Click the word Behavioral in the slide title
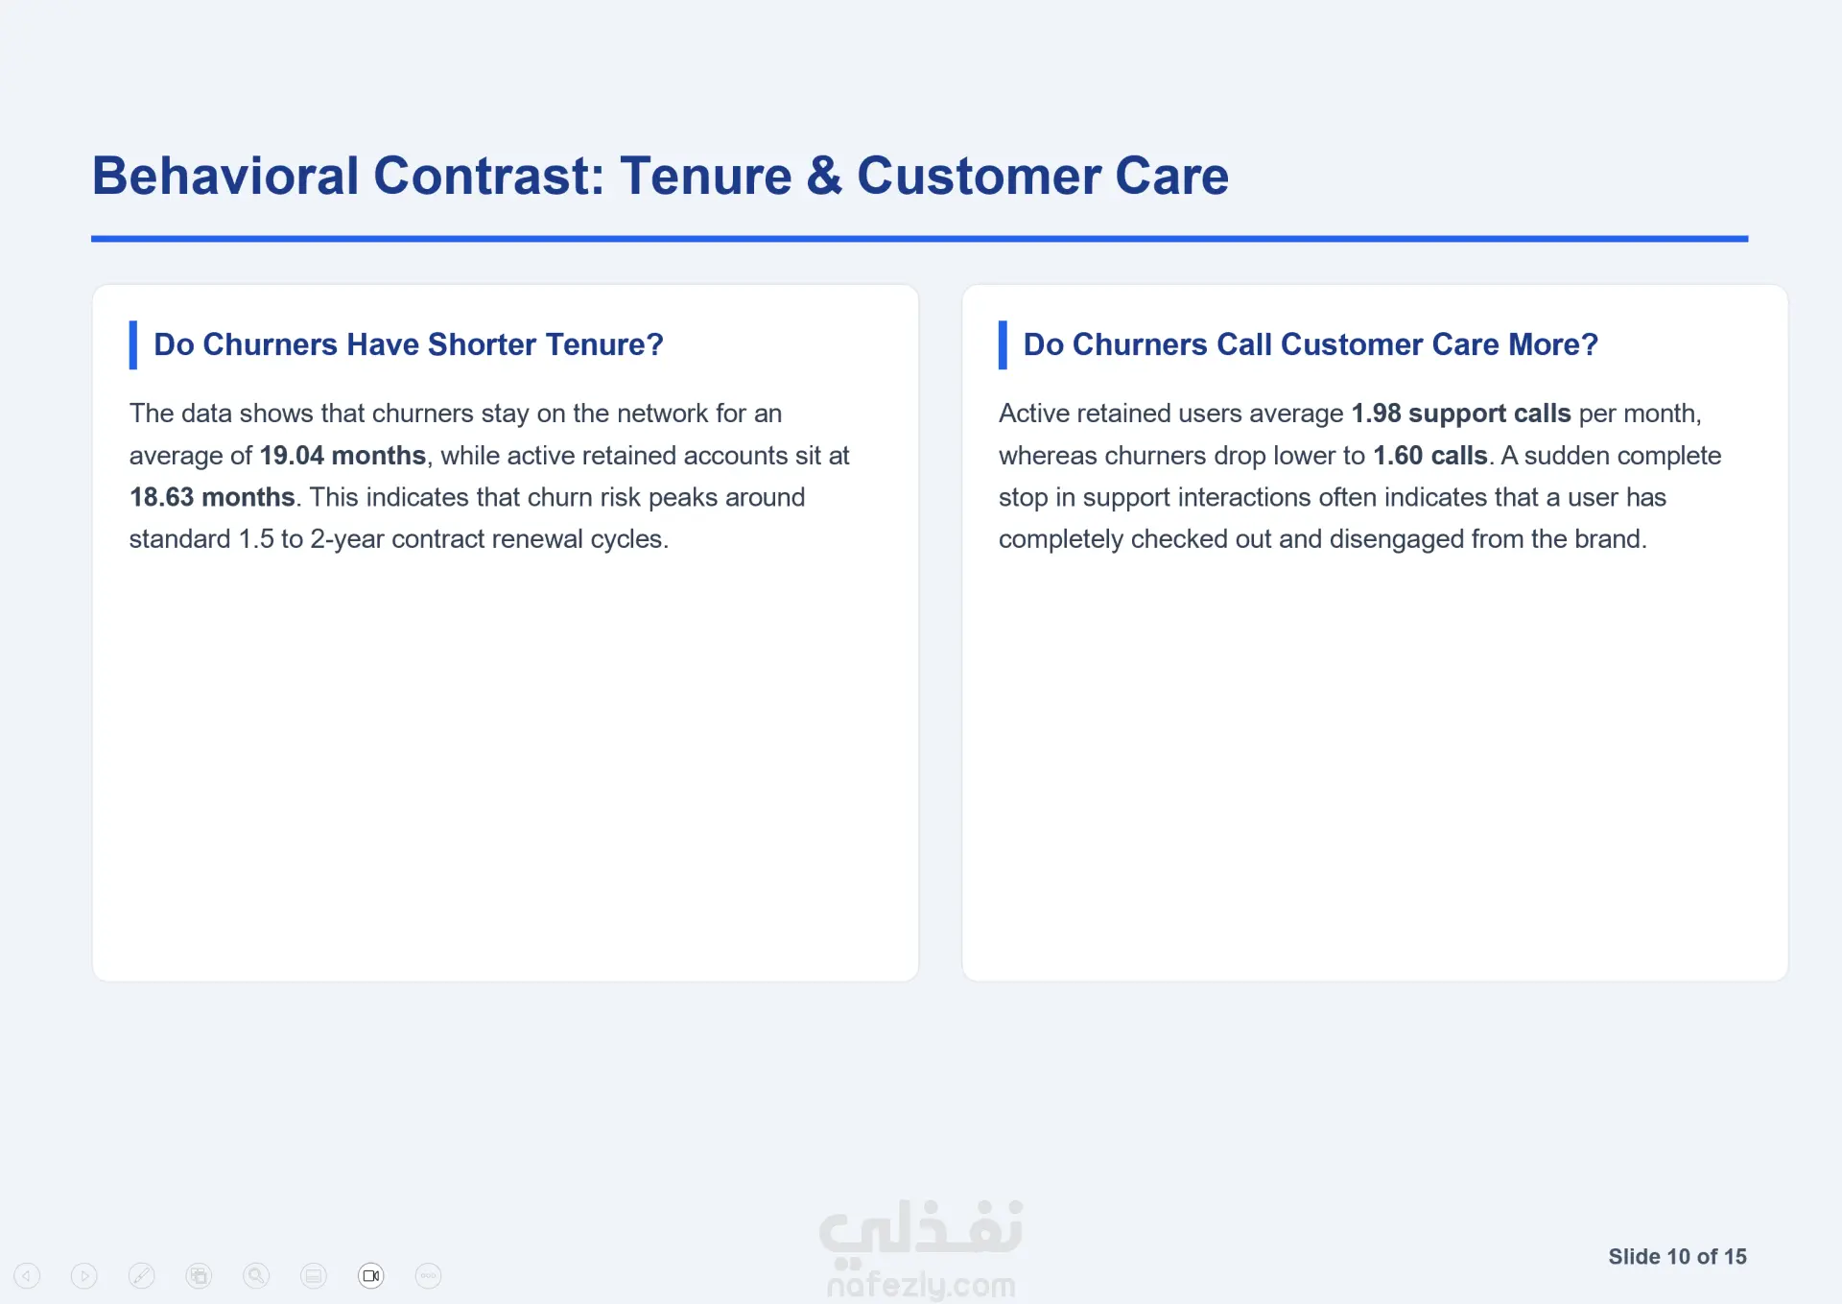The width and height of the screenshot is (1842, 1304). pos(225,176)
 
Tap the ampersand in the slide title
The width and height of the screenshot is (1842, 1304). pos(824,176)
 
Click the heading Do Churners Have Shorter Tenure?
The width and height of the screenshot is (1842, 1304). pos(409,344)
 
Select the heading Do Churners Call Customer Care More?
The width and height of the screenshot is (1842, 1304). pos(1311,344)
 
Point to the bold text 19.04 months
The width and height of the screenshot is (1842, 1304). pos(342,455)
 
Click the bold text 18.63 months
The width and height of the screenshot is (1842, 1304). pos(212,497)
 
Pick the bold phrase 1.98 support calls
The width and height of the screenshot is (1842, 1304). pos(1461,414)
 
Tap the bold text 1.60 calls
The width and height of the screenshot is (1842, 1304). pos(1430,455)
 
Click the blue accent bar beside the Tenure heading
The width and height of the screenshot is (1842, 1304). pos(133,344)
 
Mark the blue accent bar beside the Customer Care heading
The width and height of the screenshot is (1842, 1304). pos(1003,344)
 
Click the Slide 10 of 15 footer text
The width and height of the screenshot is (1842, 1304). pos(1677,1257)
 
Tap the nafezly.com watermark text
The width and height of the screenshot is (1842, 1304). pos(921,1284)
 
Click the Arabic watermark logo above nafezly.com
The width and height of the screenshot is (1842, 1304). pos(921,1228)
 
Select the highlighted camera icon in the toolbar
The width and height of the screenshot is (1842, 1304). pos(371,1275)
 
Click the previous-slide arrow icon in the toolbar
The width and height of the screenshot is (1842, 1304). pos(27,1275)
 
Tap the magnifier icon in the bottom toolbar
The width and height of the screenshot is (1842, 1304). pos(256,1275)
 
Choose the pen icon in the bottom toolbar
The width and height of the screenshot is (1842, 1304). pos(141,1275)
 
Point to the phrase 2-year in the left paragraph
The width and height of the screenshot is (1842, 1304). pos(346,539)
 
